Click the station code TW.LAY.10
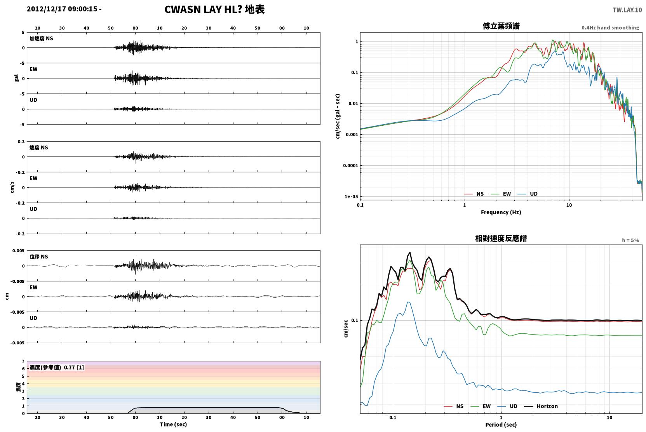[x=627, y=10]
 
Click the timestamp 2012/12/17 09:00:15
[x=62, y=9]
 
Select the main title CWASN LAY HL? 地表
[x=214, y=10]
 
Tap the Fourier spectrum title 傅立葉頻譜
[x=501, y=26]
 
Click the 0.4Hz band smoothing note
[x=610, y=28]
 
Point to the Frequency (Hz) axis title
[x=501, y=212]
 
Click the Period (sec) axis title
[x=501, y=425]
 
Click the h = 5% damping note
[x=630, y=240]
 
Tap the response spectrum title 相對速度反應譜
[x=501, y=238]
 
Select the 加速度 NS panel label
[x=41, y=38]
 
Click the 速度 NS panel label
[x=38, y=147]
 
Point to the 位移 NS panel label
[x=38, y=257]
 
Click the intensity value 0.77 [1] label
[x=74, y=368]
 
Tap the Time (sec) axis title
[x=173, y=424]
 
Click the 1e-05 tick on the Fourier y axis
[x=351, y=196]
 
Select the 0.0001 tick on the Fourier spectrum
[x=350, y=165]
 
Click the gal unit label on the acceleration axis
[x=16, y=78]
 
